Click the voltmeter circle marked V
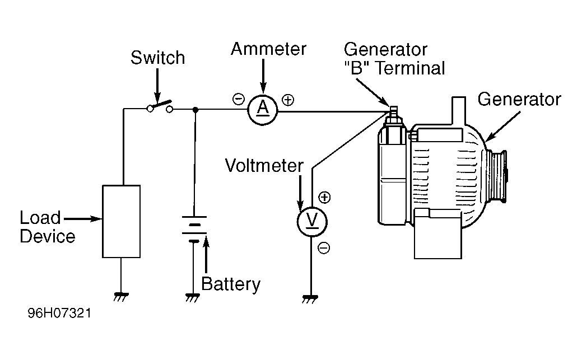point(311,222)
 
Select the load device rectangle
point(121,221)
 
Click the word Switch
point(157,58)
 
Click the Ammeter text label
point(269,49)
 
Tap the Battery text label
point(231,284)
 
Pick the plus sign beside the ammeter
point(287,100)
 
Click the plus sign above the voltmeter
point(324,197)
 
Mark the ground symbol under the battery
point(193,297)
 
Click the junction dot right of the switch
point(195,110)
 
